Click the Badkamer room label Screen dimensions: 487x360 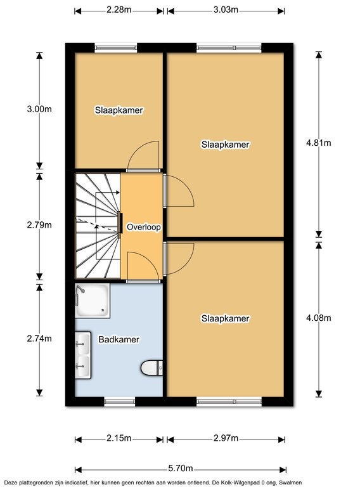click(119, 339)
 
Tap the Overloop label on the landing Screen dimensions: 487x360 click(143, 227)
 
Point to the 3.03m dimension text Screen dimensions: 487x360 click(226, 10)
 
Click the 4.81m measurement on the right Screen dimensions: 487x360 click(318, 143)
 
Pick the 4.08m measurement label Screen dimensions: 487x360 click(318, 318)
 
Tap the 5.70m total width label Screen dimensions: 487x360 click(181, 469)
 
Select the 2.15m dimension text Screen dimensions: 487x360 click(119, 438)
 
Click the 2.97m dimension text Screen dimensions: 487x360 click(226, 438)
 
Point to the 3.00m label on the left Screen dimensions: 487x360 click(39, 109)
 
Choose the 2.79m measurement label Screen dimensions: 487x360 click(39, 224)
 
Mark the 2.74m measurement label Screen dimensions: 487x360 click(39, 339)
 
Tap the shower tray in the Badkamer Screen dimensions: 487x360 click(92, 300)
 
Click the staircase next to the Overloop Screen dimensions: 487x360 click(96, 226)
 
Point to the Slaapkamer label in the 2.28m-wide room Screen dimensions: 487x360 click(119, 110)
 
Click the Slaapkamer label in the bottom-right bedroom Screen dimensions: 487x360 click(225, 318)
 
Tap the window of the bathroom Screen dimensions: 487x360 click(119, 401)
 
